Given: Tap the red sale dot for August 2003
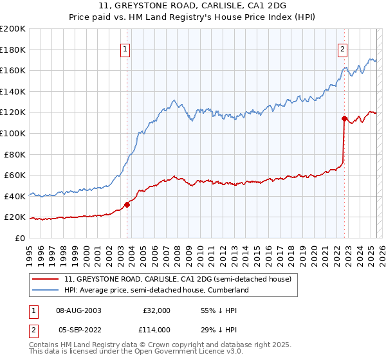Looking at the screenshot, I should [x=127, y=204].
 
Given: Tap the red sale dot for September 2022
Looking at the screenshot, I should [x=344, y=118].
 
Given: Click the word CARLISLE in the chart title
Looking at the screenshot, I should [x=172, y=5].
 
